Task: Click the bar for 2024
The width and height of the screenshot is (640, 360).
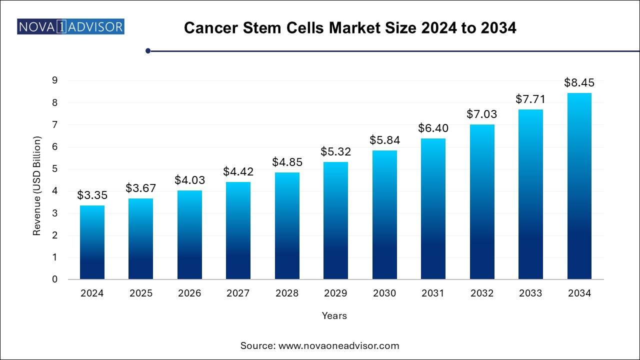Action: pyautogui.click(x=92, y=242)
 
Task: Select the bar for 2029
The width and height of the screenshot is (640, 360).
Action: pyautogui.click(x=335, y=220)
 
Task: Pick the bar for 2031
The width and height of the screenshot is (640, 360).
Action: pyautogui.click(x=433, y=208)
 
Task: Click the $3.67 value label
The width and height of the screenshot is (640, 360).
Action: pyautogui.click(x=140, y=188)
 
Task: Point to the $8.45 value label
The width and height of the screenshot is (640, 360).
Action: pyautogui.click(x=579, y=82)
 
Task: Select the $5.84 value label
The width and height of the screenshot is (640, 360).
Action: pyautogui.click(x=384, y=140)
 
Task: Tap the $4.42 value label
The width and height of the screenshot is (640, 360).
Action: pyautogui.click(x=238, y=172)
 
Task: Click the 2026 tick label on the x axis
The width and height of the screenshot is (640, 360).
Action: pyautogui.click(x=189, y=293)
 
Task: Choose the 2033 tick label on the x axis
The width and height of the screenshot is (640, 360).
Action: pyautogui.click(x=530, y=293)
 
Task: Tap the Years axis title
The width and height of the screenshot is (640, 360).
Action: pyautogui.click(x=334, y=316)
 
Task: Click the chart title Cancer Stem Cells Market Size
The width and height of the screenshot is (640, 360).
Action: pyautogui.click(x=349, y=28)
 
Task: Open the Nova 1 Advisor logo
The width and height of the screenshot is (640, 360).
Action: pyautogui.click(x=70, y=26)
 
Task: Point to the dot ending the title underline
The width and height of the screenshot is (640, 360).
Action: pyautogui.click(x=148, y=50)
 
